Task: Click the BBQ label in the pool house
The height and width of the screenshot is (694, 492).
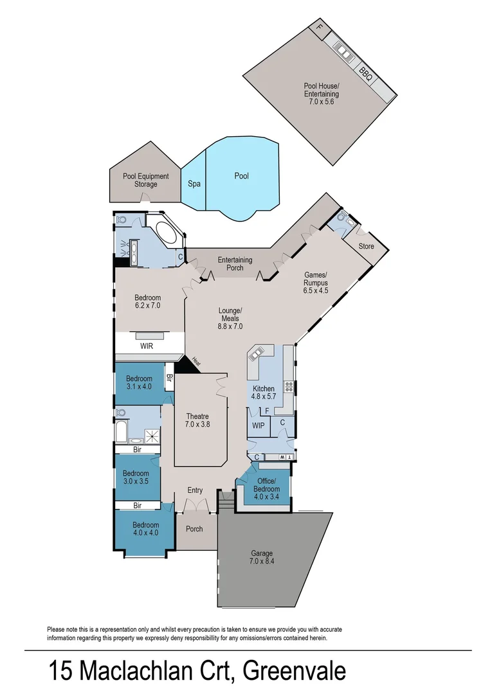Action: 365,73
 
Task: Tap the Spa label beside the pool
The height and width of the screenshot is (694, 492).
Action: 194,184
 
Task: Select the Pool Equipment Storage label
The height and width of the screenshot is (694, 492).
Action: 146,180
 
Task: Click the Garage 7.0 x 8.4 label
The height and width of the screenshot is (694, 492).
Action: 262,557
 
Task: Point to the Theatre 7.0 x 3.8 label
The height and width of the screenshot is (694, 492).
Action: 197,420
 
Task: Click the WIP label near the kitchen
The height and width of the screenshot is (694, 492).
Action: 259,425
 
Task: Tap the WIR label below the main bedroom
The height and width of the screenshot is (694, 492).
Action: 147,346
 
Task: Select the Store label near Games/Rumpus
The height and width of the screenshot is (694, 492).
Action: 366,245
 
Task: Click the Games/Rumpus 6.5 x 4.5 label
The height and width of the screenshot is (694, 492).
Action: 316,283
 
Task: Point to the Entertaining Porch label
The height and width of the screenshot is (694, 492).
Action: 235,263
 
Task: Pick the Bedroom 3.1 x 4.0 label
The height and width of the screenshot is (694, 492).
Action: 138,382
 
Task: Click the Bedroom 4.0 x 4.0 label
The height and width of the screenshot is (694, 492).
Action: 147,529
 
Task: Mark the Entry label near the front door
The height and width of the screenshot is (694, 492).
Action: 195,490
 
